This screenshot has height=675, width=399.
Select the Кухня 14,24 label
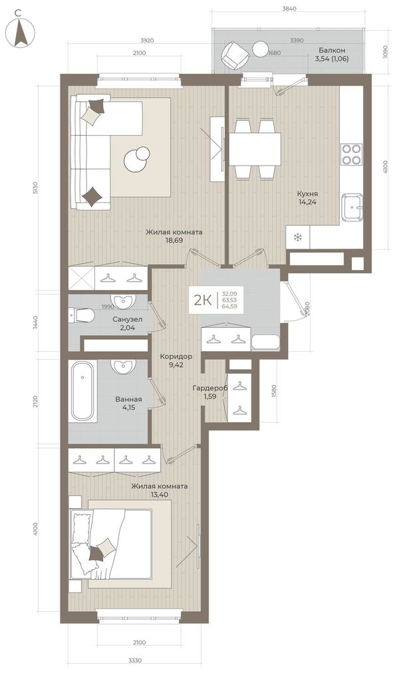[307, 198]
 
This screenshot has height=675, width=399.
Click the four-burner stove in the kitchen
[351, 154]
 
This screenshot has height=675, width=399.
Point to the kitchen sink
[352, 207]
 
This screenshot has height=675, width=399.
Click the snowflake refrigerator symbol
[297, 237]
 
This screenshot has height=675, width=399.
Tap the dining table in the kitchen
[255, 150]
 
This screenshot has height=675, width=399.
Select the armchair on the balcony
[235, 55]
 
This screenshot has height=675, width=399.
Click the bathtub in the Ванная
[82, 391]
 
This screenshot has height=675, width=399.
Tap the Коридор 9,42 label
[176, 360]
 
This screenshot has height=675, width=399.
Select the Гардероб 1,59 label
[209, 392]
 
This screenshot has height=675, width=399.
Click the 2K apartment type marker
[202, 300]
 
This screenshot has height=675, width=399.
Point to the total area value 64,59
[229, 307]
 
